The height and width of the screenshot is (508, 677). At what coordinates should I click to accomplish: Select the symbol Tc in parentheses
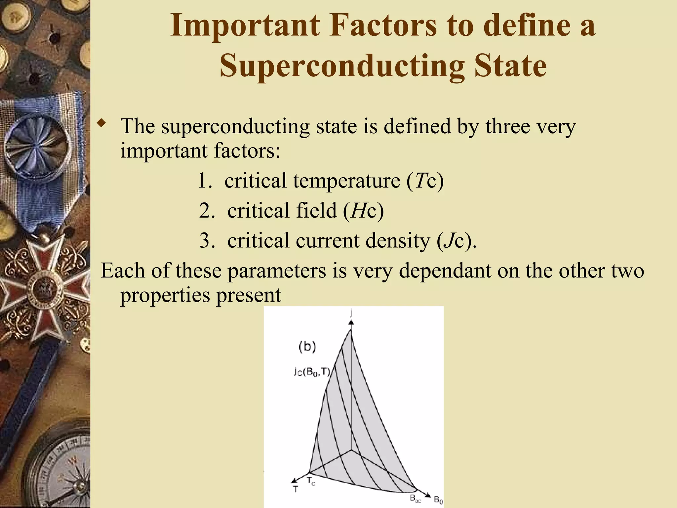[425, 181]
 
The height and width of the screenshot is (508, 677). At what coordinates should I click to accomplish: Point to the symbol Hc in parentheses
[363, 211]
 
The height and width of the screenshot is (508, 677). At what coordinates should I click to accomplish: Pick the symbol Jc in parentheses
[454, 240]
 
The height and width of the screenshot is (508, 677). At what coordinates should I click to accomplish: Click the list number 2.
[207, 211]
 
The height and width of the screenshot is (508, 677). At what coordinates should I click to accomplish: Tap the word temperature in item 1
[346, 181]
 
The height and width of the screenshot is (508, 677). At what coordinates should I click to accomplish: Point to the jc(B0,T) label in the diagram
[312, 372]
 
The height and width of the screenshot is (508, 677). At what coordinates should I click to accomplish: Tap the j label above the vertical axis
[351, 313]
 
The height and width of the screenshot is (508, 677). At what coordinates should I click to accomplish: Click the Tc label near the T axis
[311, 481]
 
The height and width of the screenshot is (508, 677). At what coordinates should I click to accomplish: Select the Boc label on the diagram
[416, 498]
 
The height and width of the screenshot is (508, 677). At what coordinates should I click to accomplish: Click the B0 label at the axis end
[438, 500]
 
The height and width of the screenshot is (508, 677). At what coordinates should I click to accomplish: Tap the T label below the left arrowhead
[295, 489]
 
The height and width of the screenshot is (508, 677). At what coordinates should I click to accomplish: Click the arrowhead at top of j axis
[351, 321]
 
